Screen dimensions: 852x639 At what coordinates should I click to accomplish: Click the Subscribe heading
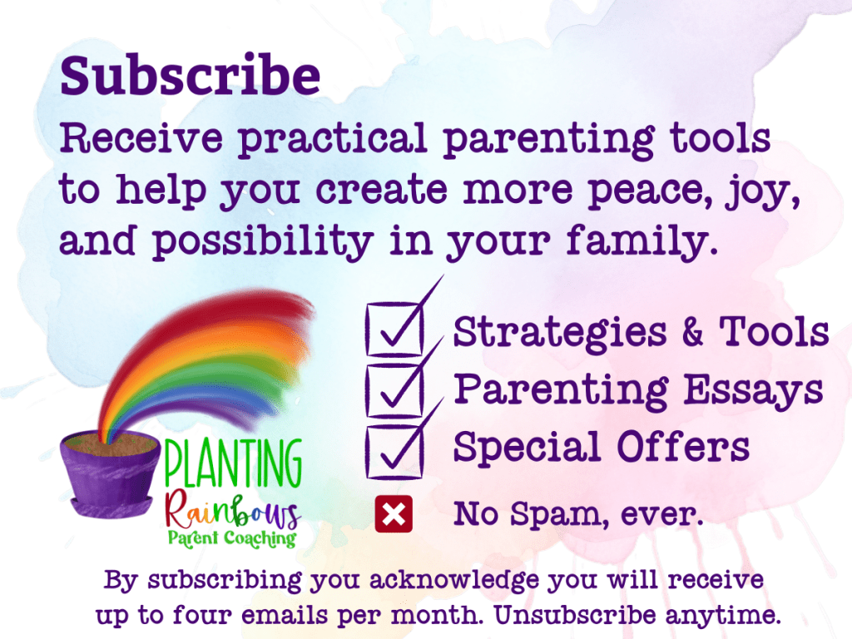(x=191, y=75)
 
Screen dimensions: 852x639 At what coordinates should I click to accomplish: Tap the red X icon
(x=394, y=513)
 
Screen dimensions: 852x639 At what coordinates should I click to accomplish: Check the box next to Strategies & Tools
(x=394, y=329)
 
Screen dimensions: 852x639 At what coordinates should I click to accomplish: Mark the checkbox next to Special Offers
(x=394, y=452)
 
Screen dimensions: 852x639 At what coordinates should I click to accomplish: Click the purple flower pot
(x=111, y=473)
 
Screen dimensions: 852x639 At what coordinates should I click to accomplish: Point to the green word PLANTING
(x=233, y=464)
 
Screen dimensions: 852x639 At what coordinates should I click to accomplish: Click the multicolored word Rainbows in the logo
(x=233, y=511)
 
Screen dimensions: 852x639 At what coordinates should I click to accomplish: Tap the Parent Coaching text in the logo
(x=232, y=538)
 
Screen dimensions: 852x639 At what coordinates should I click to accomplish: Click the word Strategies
(x=560, y=333)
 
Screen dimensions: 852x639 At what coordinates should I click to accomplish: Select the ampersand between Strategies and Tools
(x=692, y=331)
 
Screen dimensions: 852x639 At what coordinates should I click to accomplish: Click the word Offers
(x=683, y=447)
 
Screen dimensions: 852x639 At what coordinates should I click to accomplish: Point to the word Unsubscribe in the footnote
(x=575, y=615)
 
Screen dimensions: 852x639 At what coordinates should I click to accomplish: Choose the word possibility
(x=262, y=241)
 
